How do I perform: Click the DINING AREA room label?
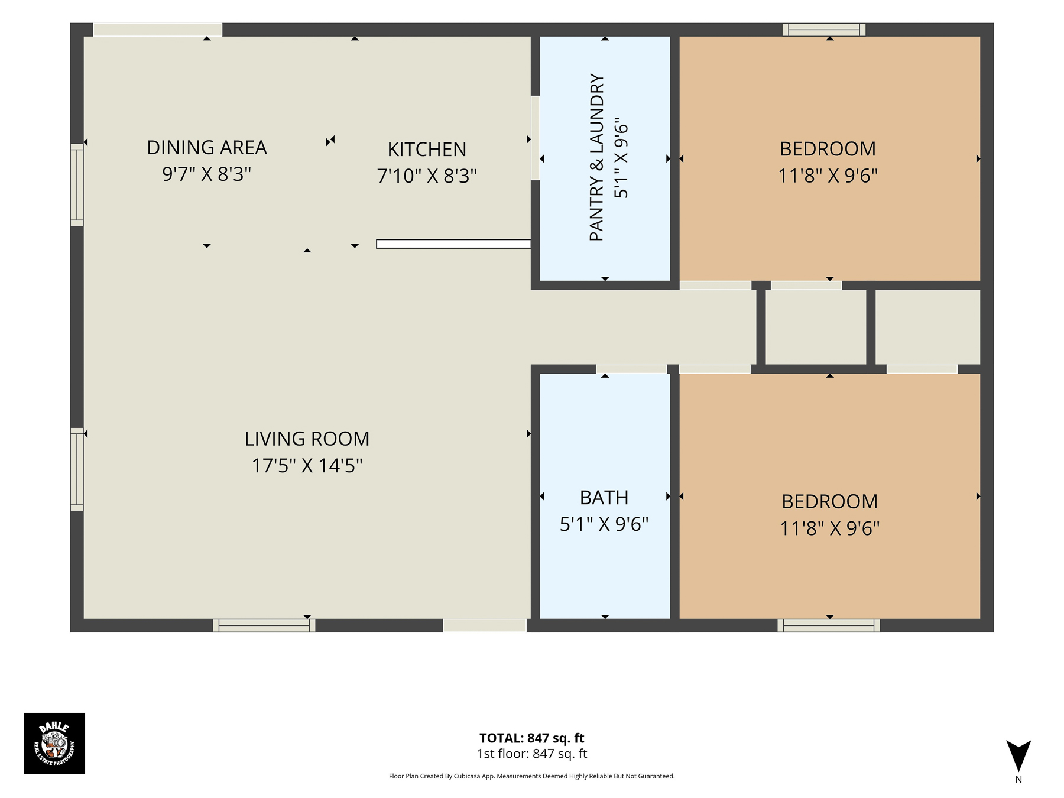(207, 148)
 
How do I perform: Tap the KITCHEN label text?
(427, 150)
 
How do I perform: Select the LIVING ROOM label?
(307, 439)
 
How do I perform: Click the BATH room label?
(604, 498)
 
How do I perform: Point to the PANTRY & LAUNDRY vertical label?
(597, 157)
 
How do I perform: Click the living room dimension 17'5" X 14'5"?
(307, 466)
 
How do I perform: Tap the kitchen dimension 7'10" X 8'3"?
(427, 176)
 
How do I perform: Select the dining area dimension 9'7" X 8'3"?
(207, 174)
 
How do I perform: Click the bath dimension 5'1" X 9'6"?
(604, 524)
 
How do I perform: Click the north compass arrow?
(1018, 755)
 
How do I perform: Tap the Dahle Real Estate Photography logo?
(54, 743)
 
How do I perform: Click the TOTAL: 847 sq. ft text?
(531, 738)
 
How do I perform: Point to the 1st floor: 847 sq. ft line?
(531, 754)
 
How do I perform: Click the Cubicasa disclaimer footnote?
(531, 776)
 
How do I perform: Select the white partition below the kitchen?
(453, 244)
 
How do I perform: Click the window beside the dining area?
(77, 184)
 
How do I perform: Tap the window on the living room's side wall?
(77, 469)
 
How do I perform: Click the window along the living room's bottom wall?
(264, 625)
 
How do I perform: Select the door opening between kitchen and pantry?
(535, 138)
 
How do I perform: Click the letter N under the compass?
(1018, 780)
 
